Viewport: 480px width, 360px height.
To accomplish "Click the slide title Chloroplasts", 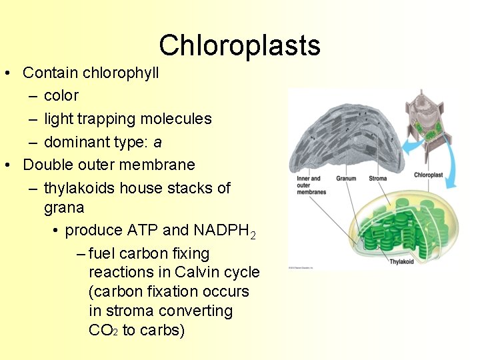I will [239, 45].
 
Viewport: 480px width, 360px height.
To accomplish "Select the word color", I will [61, 96].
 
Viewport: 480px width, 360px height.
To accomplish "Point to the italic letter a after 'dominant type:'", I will [157, 143].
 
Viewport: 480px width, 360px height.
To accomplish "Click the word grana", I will [64, 207].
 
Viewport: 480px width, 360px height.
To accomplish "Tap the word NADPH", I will [221, 231].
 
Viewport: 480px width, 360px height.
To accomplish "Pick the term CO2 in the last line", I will [103, 331].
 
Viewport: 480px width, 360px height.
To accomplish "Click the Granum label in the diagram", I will [345, 178].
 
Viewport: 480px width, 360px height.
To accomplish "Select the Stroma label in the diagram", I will [378, 178].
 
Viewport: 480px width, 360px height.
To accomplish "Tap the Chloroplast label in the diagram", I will [428, 175].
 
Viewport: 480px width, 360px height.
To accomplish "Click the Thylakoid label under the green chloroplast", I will [401, 261].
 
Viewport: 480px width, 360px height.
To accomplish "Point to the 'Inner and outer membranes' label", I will [311, 185].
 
